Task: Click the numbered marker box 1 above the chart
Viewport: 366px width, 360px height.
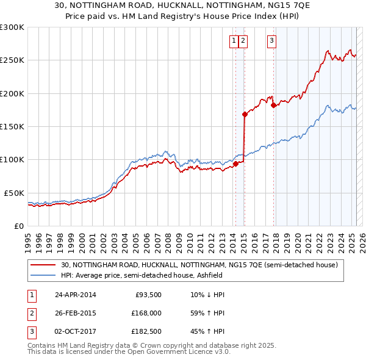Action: [234, 41]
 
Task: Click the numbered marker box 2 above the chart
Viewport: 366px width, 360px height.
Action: [243, 41]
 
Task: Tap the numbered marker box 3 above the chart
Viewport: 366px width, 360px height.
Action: [271, 41]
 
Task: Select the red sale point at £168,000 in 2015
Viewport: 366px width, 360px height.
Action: [245, 114]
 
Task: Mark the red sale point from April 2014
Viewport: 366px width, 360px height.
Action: [235, 164]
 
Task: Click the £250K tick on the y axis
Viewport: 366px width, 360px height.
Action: [12, 60]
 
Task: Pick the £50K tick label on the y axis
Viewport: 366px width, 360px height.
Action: [13, 193]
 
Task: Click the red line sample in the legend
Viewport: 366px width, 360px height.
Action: [44, 265]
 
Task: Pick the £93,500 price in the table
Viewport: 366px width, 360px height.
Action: [148, 295]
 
